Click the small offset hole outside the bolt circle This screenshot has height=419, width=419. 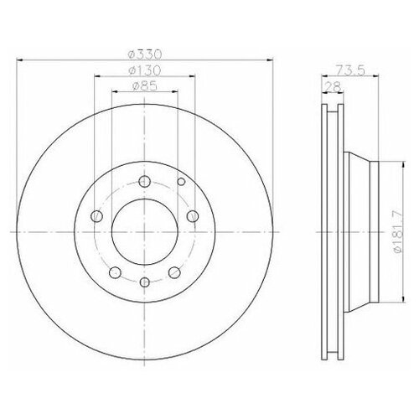tap(181, 180)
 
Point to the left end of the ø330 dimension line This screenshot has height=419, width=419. tap(18, 59)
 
